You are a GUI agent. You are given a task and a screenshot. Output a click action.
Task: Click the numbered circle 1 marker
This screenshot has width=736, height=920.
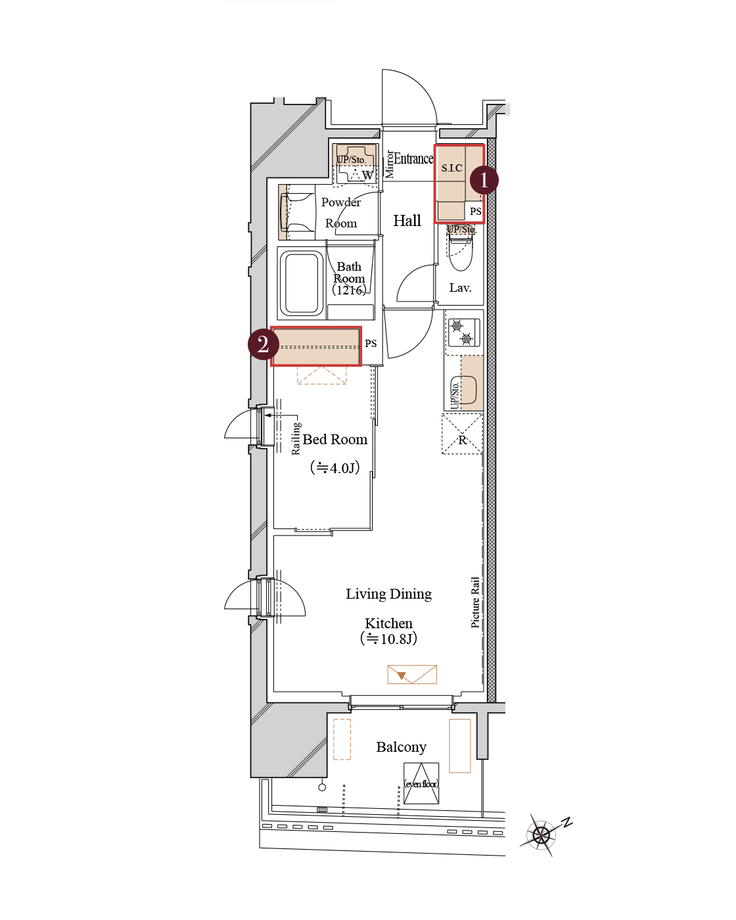(484, 180)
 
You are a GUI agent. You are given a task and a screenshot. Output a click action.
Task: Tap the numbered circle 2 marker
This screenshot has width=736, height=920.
(263, 344)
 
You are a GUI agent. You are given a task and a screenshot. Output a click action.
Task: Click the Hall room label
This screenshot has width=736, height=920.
(407, 221)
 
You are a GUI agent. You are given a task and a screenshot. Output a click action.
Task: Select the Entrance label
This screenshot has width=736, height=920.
(413, 158)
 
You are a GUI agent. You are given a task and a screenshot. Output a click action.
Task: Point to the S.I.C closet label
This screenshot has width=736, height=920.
(451, 168)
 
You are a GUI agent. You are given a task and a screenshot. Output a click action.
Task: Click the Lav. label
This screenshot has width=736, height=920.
(460, 288)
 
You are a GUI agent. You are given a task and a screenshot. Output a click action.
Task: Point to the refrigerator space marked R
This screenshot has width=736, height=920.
(462, 434)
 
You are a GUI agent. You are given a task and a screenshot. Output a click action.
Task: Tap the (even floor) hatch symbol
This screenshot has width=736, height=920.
(421, 783)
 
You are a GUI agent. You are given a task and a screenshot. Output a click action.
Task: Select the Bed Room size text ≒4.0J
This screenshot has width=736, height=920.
(335, 468)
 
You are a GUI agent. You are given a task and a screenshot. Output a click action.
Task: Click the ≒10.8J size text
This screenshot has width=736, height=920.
(388, 639)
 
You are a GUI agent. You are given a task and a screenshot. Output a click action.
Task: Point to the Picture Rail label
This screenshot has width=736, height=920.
(475, 603)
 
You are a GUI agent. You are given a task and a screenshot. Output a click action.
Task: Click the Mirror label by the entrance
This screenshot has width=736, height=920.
(389, 164)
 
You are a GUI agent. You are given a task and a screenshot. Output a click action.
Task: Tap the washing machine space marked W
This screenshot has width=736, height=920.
(367, 175)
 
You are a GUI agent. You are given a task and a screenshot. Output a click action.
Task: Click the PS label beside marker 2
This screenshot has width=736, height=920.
(371, 343)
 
